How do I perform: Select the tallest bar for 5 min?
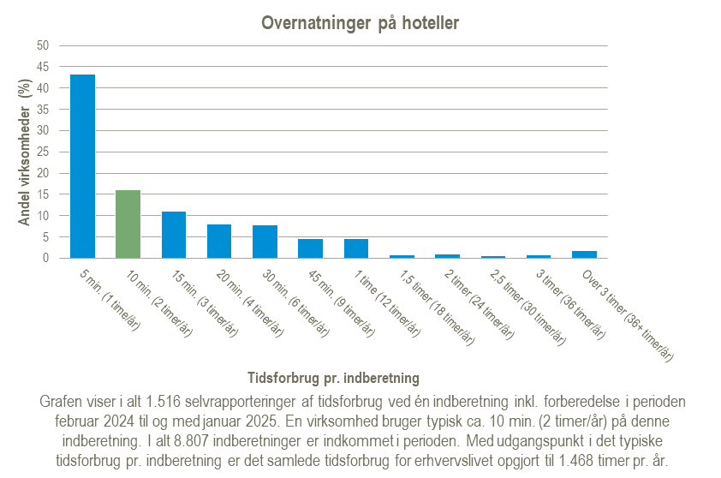click(82, 166)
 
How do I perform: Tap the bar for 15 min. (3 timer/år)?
click(174, 235)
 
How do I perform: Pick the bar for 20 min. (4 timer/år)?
click(219, 241)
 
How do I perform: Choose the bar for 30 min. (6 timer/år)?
click(265, 242)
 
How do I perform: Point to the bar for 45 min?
click(310, 248)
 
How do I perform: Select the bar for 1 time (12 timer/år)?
click(356, 248)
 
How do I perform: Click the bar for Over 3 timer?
click(584, 254)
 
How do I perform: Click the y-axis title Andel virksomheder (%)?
click(25, 152)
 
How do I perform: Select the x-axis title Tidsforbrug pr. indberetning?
click(334, 377)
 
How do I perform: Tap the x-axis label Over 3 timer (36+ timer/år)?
click(625, 314)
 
